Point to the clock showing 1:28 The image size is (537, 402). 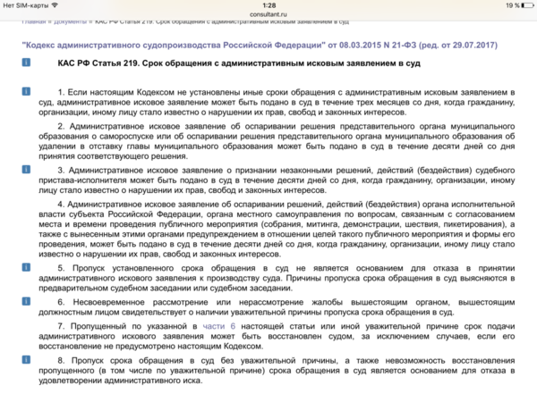pos(268,5)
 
